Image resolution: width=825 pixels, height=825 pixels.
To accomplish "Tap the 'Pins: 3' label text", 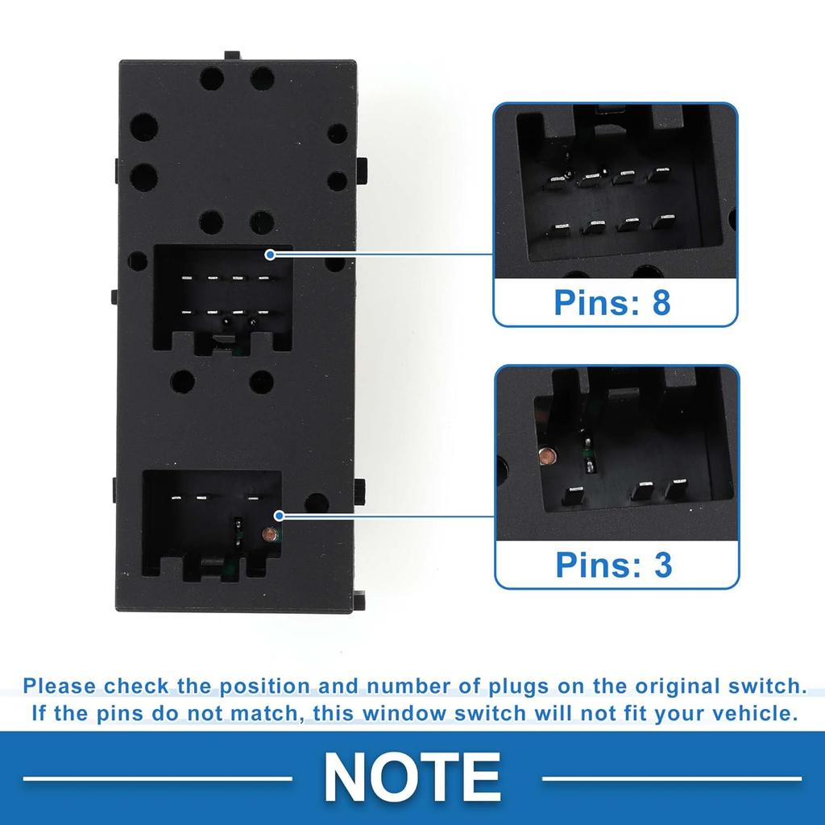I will tap(613, 565).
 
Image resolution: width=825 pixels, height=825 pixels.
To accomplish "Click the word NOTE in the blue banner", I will tap(412, 777).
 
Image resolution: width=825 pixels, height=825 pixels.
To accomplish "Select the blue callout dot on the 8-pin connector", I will tap(270, 255).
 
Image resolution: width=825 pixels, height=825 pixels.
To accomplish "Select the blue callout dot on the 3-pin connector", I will tap(279, 515).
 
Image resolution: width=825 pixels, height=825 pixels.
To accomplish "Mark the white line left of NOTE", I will tap(157, 778).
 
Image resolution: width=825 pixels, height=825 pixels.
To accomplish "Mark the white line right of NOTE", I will tap(672, 778).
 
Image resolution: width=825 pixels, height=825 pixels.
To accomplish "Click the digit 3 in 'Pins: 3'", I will tap(663, 565).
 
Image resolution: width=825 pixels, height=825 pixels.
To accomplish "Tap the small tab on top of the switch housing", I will tap(232, 55).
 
